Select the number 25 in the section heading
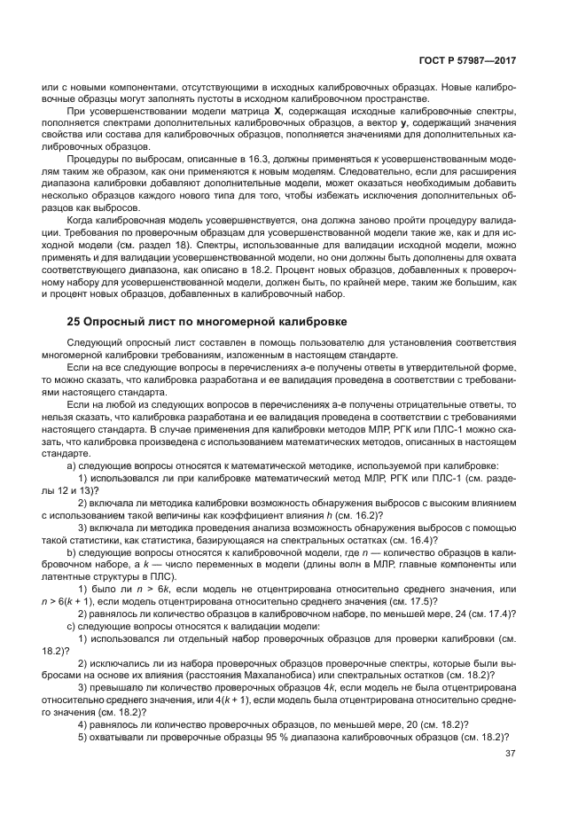pos(74,321)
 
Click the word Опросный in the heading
pos(115,321)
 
